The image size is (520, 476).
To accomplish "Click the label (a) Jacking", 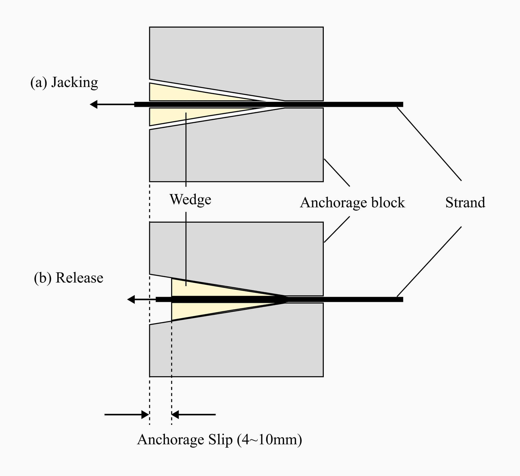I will (64, 83).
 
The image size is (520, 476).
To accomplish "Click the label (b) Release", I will (69, 278).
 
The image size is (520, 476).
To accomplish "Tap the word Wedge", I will (190, 199).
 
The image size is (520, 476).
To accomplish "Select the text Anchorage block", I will (352, 202).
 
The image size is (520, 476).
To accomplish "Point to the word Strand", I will (465, 202).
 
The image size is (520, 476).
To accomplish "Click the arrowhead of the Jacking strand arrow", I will (93, 104).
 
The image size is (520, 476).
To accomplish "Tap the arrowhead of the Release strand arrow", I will (131, 300).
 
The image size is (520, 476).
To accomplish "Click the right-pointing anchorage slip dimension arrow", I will (145, 415).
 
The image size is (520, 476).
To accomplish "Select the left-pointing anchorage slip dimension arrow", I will (176, 415).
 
